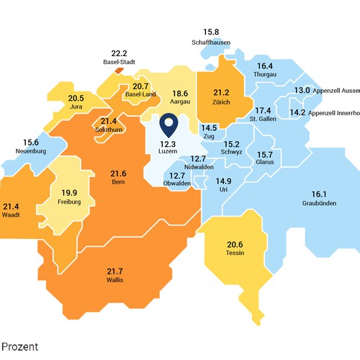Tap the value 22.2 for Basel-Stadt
tap(119, 53)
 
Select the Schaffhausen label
tap(210, 42)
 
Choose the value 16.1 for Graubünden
tap(319, 194)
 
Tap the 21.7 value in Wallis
tap(115, 271)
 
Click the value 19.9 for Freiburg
tap(70, 192)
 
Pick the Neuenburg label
tap(32, 151)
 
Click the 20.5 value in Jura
tap(76, 98)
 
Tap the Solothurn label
tap(109, 130)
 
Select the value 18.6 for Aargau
tap(179, 93)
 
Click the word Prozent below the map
tap(19, 346)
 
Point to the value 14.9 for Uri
tap(224, 181)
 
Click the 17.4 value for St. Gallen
tap(264, 110)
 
